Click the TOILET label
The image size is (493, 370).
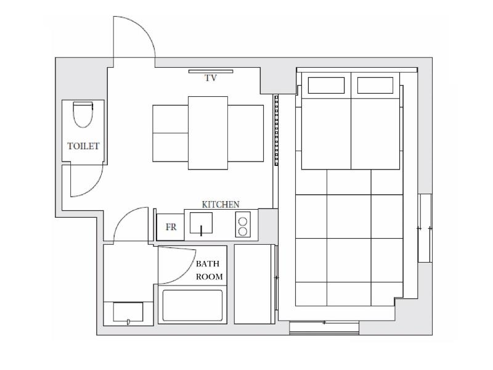tap(83, 146)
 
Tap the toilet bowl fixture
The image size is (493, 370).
tap(83, 115)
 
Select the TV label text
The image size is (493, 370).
tap(211, 78)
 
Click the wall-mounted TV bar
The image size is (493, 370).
tap(211, 72)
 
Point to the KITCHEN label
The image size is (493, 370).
tap(221, 205)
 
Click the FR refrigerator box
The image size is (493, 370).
tap(171, 227)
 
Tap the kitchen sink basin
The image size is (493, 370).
tap(201, 223)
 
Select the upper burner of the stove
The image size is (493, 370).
tap(243, 221)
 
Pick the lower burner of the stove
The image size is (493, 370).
tap(243, 232)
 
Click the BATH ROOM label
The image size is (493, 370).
tap(209, 270)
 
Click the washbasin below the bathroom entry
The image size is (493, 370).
tap(128, 312)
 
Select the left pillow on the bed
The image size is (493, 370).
tap(327, 85)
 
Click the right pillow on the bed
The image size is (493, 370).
tap(375, 85)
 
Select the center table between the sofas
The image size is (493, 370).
tap(208, 133)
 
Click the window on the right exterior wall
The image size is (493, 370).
tap(425, 228)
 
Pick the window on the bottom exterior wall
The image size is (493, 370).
tap(324, 327)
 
